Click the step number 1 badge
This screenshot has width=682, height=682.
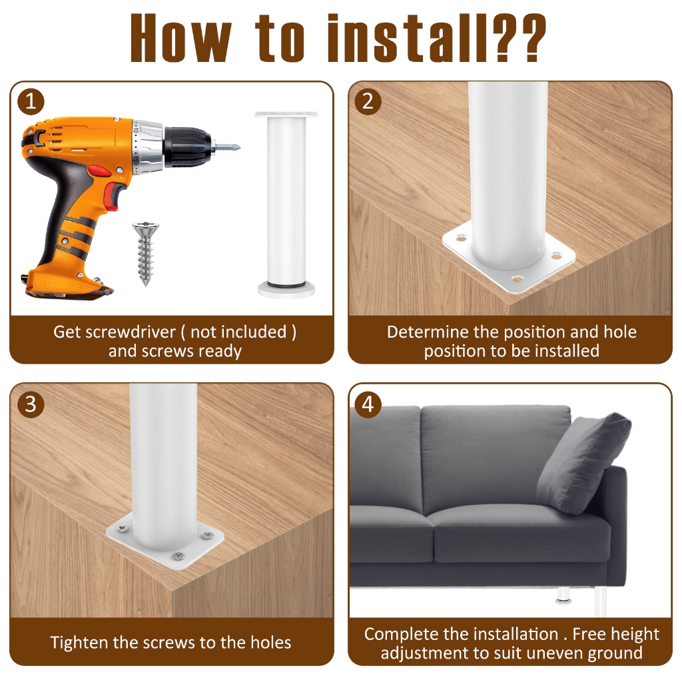(x=31, y=102)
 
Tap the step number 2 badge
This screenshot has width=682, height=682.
(x=368, y=101)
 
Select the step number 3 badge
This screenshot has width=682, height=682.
(x=31, y=404)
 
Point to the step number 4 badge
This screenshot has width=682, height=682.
(x=368, y=404)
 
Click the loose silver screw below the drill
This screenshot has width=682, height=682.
(x=145, y=254)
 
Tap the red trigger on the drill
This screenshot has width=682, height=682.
(x=112, y=197)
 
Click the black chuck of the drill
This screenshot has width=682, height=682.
(x=188, y=147)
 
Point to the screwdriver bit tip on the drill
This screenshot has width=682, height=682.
(x=238, y=148)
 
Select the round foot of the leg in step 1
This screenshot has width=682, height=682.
(x=286, y=289)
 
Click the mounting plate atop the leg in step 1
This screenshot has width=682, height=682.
(x=286, y=115)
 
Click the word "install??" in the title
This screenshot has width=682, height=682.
(x=436, y=38)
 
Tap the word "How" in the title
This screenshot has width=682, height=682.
(x=181, y=38)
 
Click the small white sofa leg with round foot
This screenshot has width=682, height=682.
(x=563, y=596)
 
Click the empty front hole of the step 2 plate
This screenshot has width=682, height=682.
(x=517, y=278)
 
